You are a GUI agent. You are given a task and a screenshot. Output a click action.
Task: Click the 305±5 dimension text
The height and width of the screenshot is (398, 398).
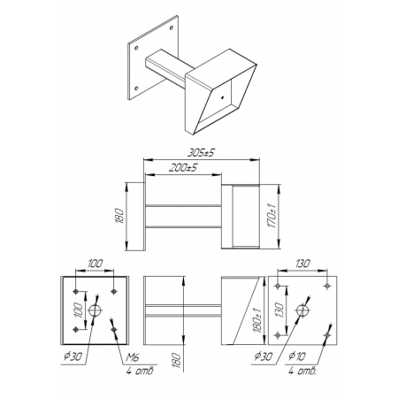click(x=202, y=153)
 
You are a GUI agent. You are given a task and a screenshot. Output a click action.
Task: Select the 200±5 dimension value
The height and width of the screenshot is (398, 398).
click(x=183, y=168)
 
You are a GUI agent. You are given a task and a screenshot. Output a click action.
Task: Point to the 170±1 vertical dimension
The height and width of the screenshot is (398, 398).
click(x=272, y=216)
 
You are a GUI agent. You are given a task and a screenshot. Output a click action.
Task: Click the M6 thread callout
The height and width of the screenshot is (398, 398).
click(x=133, y=357)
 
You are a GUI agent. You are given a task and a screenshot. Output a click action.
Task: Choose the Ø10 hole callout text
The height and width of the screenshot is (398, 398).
click(x=297, y=356)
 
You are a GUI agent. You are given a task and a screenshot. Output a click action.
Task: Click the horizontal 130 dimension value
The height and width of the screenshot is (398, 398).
click(x=302, y=264)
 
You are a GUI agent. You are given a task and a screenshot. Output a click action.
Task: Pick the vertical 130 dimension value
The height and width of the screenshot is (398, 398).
click(x=279, y=310)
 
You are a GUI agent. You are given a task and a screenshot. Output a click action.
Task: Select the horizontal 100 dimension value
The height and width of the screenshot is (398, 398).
click(x=95, y=264)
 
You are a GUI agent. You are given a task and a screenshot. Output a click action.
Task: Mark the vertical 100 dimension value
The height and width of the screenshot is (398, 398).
click(x=78, y=310)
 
